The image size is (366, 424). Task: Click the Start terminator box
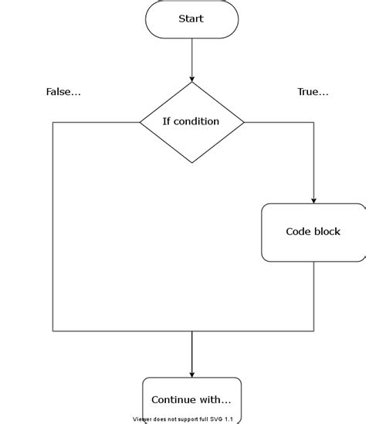click(x=191, y=19)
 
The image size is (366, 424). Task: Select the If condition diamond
click(x=191, y=122)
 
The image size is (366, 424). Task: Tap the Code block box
click(x=313, y=232)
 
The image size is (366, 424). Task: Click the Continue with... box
click(x=191, y=400)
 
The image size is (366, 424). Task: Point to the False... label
click(x=63, y=92)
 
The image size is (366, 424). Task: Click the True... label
click(x=313, y=92)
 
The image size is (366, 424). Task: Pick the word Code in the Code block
click(x=298, y=232)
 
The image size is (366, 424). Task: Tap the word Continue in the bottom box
click(x=174, y=400)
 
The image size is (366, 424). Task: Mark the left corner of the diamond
click(x=140, y=122)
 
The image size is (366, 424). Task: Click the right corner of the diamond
click(x=244, y=122)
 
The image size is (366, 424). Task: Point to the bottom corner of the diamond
click(x=191, y=163)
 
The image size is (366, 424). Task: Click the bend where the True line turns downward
click(x=314, y=122)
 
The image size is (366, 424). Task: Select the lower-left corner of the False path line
click(x=53, y=331)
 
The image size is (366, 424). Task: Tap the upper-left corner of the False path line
click(x=53, y=122)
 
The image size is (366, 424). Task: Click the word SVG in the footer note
click(x=216, y=419)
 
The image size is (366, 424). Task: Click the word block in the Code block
click(x=327, y=232)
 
